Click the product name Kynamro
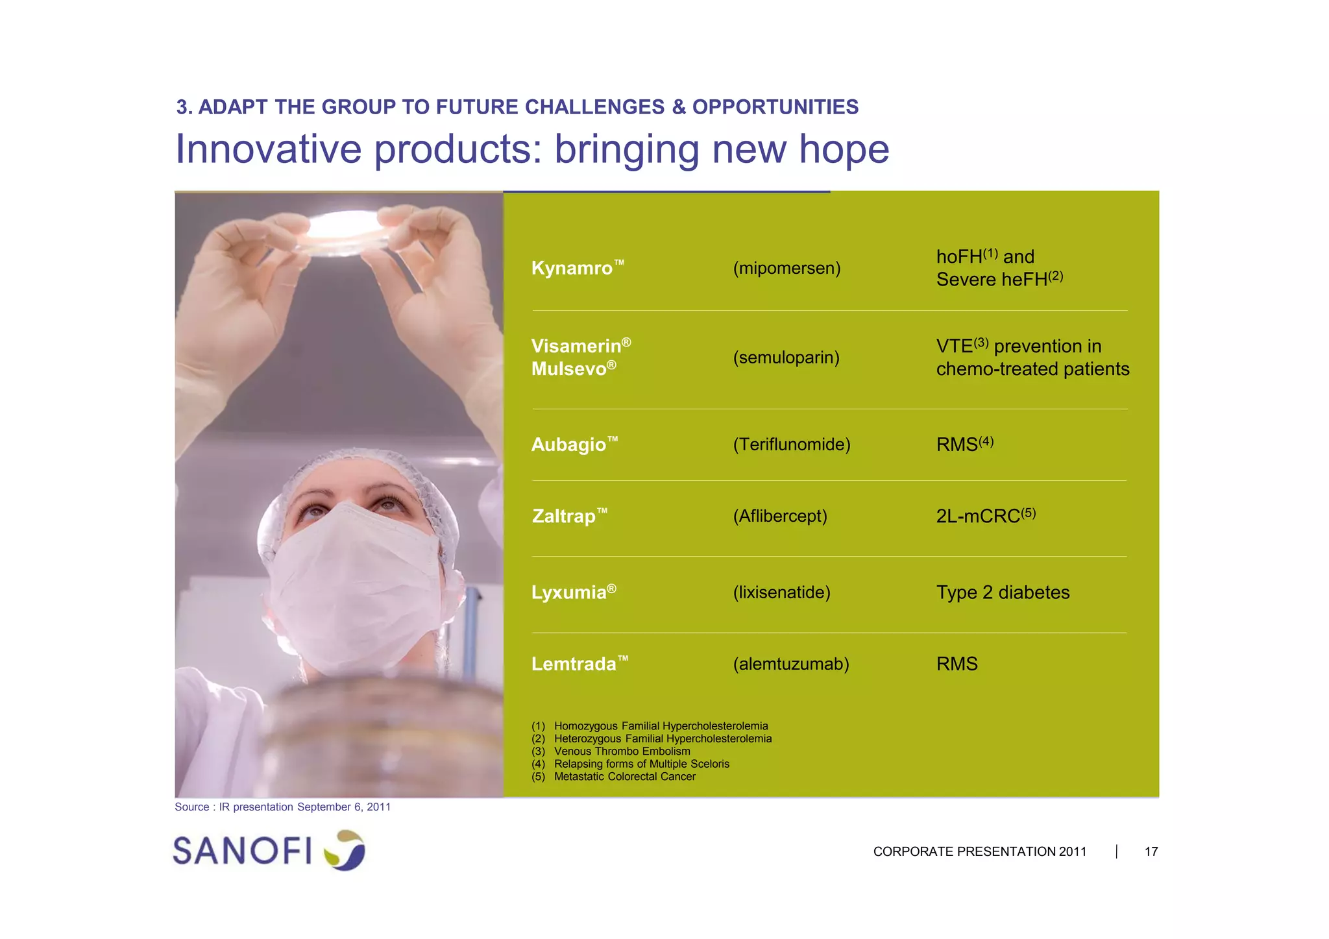tap(572, 268)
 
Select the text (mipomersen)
tap(786, 268)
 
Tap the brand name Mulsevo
tap(569, 369)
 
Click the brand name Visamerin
tap(576, 346)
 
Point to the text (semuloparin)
tap(786, 358)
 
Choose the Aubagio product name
tap(569, 445)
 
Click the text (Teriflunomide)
tap(791, 445)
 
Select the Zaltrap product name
tap(564, 516)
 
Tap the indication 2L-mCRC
tap(979, 516)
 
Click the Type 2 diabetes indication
tap(1002, 592)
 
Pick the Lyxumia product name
tap(569, 592)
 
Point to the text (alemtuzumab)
tap(790, 664)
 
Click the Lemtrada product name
tap(574, 664)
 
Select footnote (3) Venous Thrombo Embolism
tap(621, 751)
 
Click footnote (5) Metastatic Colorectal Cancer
tap(624, 777)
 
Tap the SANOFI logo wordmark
tap(242, 851)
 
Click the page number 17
tap(1151, 851)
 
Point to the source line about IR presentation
tap(282, 807)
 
